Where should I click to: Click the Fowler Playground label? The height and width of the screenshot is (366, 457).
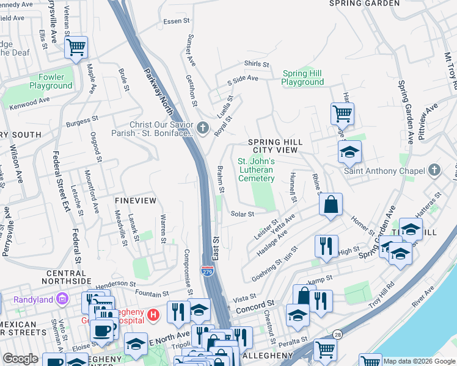click(x=51, y=82)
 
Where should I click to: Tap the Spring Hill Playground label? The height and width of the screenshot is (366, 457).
click(x=302, y=78)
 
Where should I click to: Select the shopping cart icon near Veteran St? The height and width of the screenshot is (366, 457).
click(x=76, y=47)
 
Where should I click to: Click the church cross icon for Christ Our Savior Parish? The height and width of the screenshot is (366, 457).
click(x=203, y=128)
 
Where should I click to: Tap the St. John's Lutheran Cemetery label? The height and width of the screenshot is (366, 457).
click(x=256, y=170)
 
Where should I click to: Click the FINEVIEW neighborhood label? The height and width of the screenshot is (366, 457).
click(x=135, y=201)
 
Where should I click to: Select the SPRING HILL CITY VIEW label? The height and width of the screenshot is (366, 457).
click(x=275, y=146)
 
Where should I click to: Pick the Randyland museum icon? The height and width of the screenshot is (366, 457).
click(x=61, y=299)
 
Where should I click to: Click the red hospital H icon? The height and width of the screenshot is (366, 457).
click(x=153, y=315)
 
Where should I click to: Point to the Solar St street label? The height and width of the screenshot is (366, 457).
click(x=242, y=214)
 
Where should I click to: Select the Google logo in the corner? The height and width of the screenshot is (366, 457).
click(x=20, y=359)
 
